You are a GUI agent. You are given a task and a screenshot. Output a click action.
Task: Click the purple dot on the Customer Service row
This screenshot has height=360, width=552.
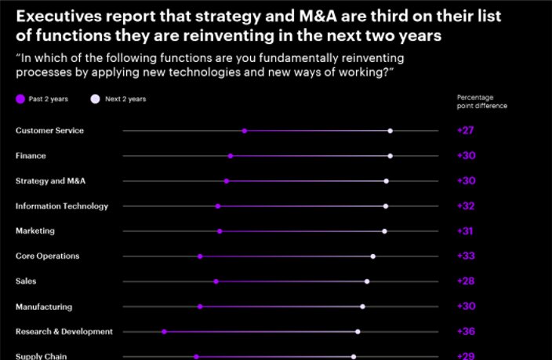[245, 131]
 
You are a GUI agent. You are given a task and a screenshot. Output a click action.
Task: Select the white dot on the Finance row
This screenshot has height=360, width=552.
[390, 156]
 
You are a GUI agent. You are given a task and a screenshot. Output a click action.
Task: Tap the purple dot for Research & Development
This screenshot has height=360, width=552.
[164, 332]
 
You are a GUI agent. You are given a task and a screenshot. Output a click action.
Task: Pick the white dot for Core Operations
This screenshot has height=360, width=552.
[373, 256]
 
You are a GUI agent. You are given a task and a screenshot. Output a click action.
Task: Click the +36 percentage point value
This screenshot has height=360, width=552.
[466, 332]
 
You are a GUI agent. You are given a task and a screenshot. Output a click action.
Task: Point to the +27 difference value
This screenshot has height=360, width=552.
[466, 131]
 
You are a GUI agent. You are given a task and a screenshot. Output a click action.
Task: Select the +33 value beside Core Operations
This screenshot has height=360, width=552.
[466, 256]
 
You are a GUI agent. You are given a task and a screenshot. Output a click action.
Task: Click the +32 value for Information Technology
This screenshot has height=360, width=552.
[466, 206]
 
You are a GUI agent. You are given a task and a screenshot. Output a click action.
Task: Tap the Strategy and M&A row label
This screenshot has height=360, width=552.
[50, 181]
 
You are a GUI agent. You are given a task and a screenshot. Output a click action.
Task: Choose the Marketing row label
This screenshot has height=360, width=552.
[35, 231]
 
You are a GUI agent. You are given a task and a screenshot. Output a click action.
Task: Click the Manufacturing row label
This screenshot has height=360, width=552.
[44, 307]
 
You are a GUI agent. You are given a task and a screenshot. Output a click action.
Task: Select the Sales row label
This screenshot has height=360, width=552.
[26, 282]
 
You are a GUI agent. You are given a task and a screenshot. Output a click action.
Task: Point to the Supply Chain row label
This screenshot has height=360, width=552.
[41, 356]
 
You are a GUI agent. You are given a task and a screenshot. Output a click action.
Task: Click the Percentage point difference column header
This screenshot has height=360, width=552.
[481, 102]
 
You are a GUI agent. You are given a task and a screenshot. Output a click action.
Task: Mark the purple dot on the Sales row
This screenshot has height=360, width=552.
[216, 282]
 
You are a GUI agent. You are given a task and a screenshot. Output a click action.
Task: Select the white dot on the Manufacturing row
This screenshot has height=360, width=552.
[362, 307]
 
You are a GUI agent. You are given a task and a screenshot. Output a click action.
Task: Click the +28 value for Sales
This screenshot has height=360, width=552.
[466, 282]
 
